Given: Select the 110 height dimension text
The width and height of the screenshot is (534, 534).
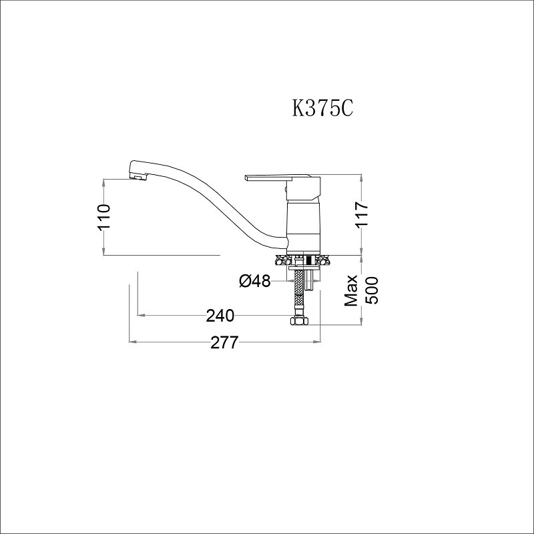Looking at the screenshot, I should tap(103, 217).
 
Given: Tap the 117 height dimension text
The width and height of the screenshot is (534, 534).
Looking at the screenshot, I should tap(362, 215).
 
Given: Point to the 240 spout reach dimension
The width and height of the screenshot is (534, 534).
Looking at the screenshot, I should tap(220, 315).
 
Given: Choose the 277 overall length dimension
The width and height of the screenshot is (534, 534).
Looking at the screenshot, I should tap(224, 342).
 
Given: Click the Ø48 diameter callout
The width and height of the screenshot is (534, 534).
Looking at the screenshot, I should tap(254, 282).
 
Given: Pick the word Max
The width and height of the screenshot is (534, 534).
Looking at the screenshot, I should tap(352, 290).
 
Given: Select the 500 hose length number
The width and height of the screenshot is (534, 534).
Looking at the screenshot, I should tap(371, 290).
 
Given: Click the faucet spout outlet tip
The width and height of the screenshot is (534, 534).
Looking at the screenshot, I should tap(138, 177).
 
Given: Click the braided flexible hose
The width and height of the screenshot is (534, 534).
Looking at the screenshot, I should tap(300, 290).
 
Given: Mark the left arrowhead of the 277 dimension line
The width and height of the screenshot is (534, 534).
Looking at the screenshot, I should tap(131, 342).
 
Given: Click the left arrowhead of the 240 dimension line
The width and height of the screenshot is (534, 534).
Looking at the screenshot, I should tap(140, 315).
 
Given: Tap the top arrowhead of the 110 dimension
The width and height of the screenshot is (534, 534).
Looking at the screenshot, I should tap(103, 181).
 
